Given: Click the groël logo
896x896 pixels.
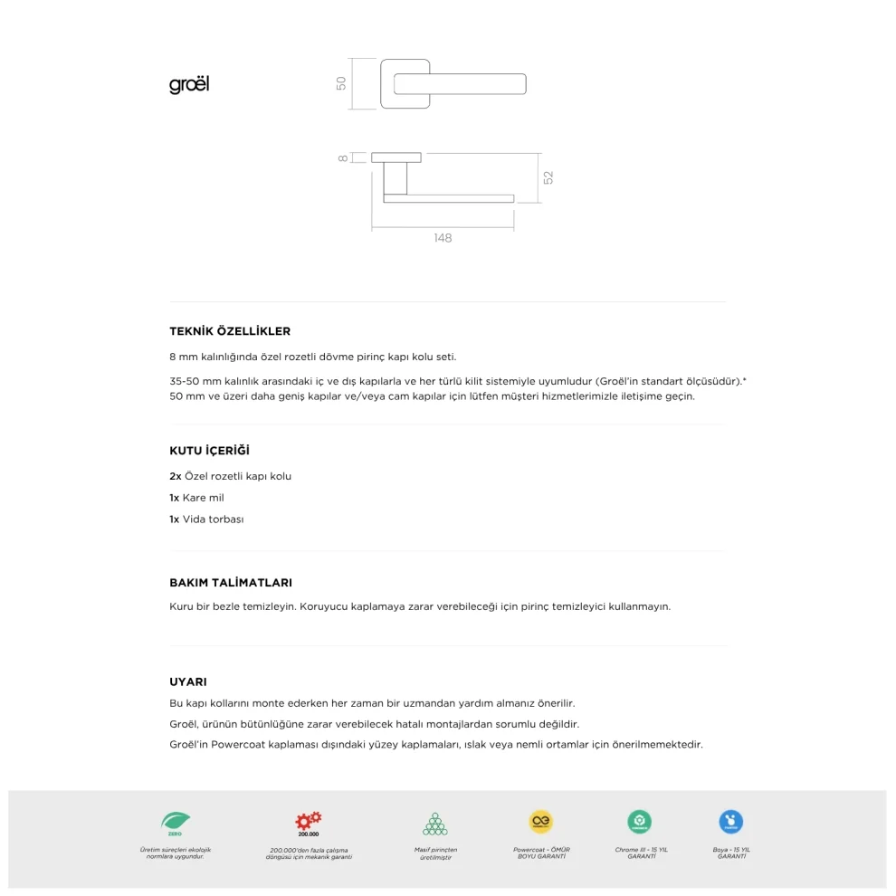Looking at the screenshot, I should [x=189, y=85].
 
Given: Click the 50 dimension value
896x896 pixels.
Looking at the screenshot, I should [x=341, y=83].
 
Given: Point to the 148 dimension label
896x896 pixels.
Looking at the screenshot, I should [x=443, y=238].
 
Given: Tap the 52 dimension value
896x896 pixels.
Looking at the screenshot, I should [x=548, y=177].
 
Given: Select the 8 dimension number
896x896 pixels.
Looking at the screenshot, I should [x=343, y=157].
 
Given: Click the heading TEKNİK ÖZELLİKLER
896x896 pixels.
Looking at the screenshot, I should [x=230, y=331].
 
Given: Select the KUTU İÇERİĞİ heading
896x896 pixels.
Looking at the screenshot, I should [x=209, y=451].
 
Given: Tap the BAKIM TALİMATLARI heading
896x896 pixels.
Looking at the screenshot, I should [x=231, y=583].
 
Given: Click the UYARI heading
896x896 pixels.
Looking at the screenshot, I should [x=188, y=682].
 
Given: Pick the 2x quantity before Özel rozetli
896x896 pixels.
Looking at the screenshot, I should [x=176, y=476].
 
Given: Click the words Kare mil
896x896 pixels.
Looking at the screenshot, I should [x=203, y=498].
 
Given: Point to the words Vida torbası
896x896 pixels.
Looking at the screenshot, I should [x=213, y=519].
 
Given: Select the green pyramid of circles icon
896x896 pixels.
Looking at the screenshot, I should [x=435, y=824].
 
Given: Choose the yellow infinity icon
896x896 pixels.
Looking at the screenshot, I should [x=541, y=822].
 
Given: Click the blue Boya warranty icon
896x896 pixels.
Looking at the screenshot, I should [x=731, y=822].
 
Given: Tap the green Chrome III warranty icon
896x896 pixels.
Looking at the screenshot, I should [x=640, y=822].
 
